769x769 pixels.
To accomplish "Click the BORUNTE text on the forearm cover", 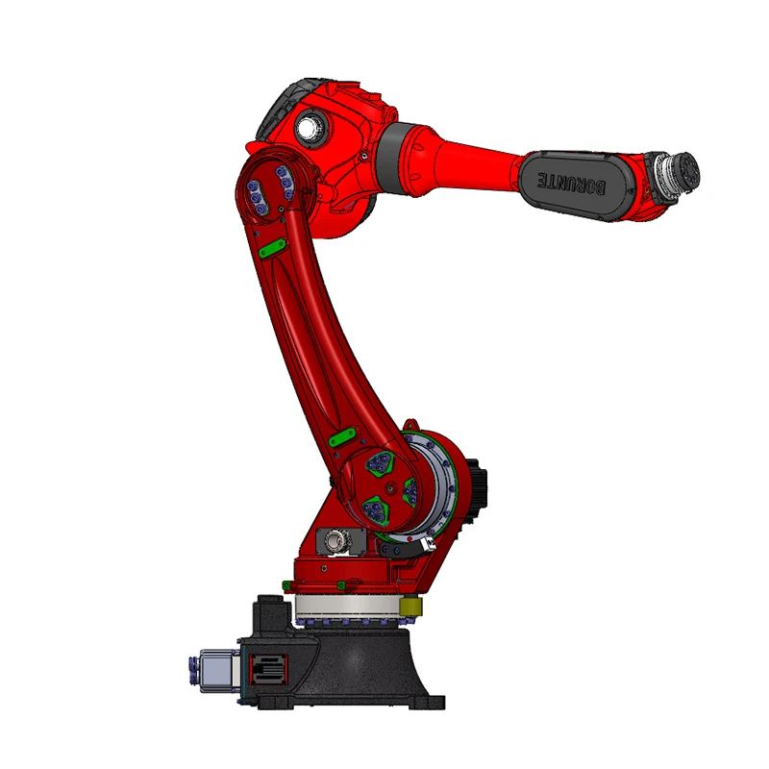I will (x=573, y=182).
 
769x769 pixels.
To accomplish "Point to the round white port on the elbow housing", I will (x=310, y=127).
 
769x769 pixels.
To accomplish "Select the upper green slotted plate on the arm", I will (x=271, y=248).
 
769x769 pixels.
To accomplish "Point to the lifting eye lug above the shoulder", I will (x=410, y=424).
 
